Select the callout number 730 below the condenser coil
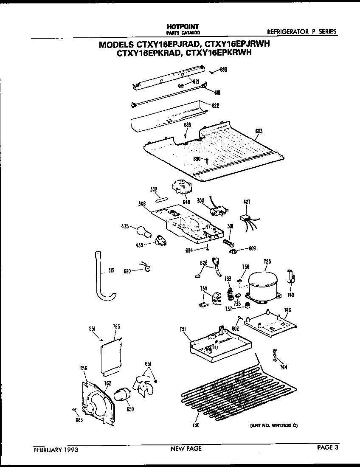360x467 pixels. click(x=196, y=425)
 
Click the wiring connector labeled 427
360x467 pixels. click(x=246, y=219)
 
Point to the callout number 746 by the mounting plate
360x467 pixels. click(x=287, y=310)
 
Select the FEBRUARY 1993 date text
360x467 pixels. click(x=55, y=449)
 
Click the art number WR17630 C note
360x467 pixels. click(x=271, y=425)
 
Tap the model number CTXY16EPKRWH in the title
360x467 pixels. click(x=219, y=53)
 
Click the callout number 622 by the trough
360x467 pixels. click(x=215, y=105)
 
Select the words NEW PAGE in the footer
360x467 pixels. click(x=186, y=448)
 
